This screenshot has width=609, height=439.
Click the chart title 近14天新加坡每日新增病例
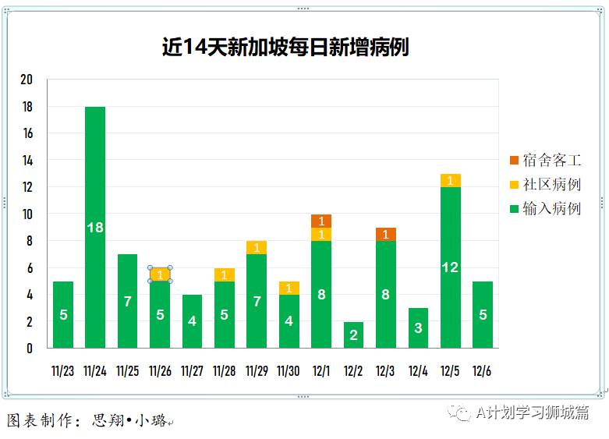pos(285,48)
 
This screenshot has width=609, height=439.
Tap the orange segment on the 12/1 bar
pos(321,221)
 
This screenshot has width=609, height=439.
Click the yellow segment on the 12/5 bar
pos(450,181)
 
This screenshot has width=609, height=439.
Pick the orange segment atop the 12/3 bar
pos(385,234)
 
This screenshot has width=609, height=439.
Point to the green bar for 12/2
pos(353,335)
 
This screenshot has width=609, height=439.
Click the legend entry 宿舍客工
pos(545,161)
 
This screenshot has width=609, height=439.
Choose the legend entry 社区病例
pos(545,185)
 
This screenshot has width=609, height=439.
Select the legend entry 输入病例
pos(545,209)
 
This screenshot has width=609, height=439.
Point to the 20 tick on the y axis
pos(27,80)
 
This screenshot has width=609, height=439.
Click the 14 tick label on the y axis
pos(27,161)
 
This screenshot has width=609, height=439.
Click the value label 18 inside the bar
pos(95,228)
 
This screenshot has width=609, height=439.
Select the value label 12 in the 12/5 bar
pos(450,267)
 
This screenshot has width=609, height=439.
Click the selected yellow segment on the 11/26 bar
pos(160,274)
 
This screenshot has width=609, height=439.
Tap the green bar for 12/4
pos(418,328)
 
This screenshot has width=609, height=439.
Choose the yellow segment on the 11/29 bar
pos(257,248)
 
